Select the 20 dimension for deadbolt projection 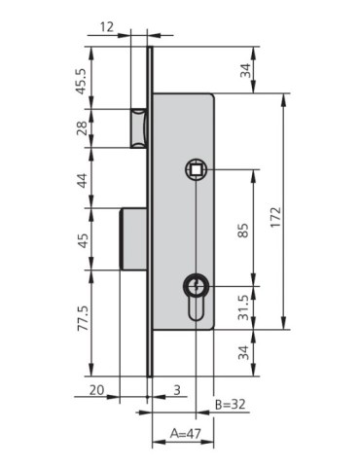tap(95, 389)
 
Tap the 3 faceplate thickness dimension tap(176, 389)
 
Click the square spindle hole tap(196, 169)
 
